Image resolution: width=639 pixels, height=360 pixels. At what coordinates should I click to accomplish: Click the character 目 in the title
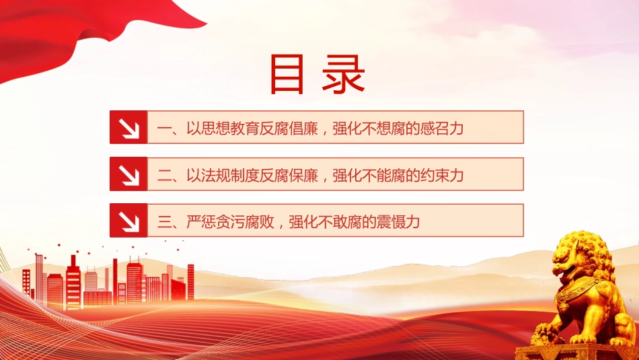(287, 75)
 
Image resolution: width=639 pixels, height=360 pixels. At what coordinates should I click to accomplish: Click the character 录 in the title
(344, 75)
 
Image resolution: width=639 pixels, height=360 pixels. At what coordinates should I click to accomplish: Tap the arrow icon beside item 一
(128, 127)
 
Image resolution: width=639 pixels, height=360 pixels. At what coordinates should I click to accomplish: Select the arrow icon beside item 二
(128, 174)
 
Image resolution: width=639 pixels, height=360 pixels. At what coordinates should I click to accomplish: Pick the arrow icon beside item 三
(128, 221)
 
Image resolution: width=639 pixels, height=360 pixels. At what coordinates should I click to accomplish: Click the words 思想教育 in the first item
(230, 129)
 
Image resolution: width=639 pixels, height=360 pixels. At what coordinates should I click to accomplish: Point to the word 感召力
(442, 129)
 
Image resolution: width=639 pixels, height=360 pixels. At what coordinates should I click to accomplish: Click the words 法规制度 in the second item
(230, 176)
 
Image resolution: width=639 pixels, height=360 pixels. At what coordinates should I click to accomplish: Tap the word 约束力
(442, 176)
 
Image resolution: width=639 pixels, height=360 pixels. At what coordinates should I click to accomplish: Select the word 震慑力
(398, 222)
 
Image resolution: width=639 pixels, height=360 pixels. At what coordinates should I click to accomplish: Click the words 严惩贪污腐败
(230, 222)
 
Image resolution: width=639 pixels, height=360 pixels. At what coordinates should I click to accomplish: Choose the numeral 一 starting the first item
(164, 129)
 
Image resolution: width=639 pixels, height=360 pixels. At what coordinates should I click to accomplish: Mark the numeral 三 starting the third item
(164, 222)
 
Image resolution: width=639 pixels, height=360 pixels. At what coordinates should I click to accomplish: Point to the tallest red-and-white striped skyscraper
(73, 283)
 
